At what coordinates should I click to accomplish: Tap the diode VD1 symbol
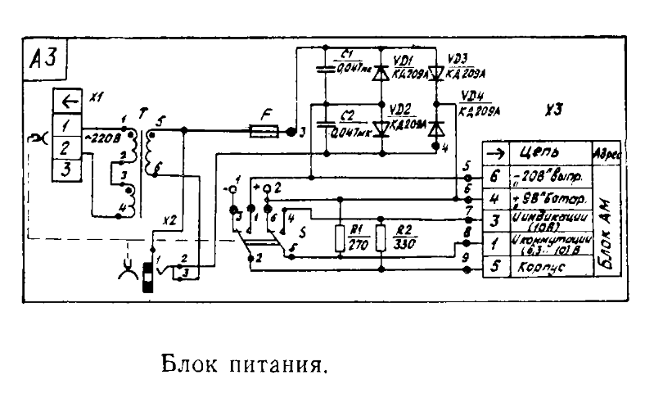coord(380,74)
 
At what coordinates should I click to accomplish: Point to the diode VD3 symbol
coord(435,75)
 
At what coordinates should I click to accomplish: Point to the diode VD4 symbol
coord(435,128)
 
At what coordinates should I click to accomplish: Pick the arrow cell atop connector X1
coord(65,102)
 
